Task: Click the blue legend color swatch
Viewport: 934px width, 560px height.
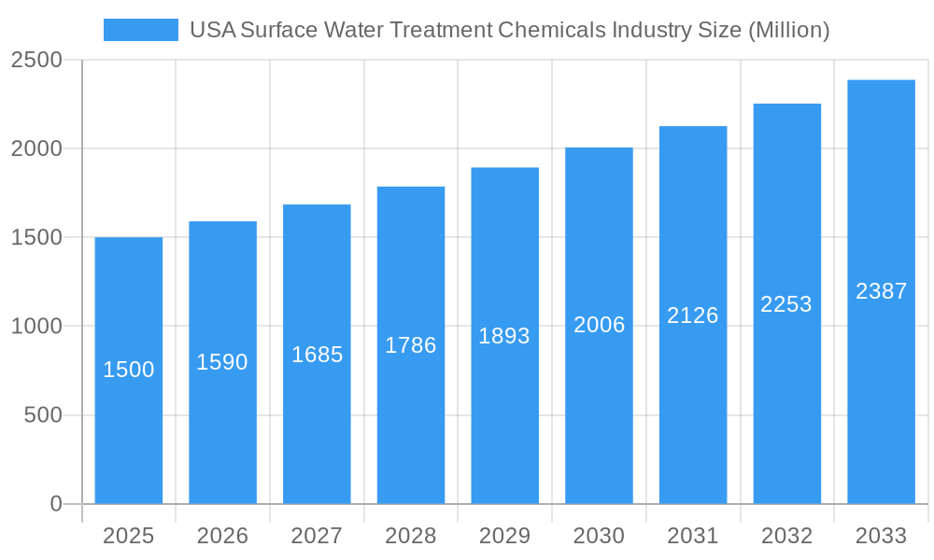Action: pyautogui.click(x=140, y=30)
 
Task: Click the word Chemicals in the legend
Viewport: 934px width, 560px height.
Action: pyautogui.click(x=551, y=30)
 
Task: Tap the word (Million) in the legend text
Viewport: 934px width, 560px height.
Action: pyautogui.click(x=789, y=30)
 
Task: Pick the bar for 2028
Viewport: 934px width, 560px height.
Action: pyautogui.click(x=411, y=345)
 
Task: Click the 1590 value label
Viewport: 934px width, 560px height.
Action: pyautogui.click(x=222, y=362)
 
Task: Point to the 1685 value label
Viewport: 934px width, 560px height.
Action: pyautogui.click(x=318, y=355)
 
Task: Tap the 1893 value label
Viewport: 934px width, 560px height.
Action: pyautogui.click(x=504, y=336)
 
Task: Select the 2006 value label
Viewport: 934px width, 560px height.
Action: pyautogui.click(x=599, y=325)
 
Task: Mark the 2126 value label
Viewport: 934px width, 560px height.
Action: pyautogui.click(x=693, y=315)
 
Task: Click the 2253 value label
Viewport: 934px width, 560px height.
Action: pyautogui.click(x=786, y=304)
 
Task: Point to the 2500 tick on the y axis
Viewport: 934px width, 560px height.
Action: pyautogui.click(x=36, y=61)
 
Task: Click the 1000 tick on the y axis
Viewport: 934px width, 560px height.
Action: pyautogui.click(x=36, y=327)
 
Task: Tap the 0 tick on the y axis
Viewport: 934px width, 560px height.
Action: pyautogui.click(x=55, y=504)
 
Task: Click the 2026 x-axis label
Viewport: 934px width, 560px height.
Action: pyautogui.click(x=222, y=536)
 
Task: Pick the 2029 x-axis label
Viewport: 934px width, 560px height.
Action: pyautogui.click(x=504, y=536)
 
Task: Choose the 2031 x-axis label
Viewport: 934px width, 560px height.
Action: pyautogui.click(x=693, y=536)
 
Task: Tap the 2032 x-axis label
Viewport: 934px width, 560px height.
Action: pyautogui.click(x=786, y=536)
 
